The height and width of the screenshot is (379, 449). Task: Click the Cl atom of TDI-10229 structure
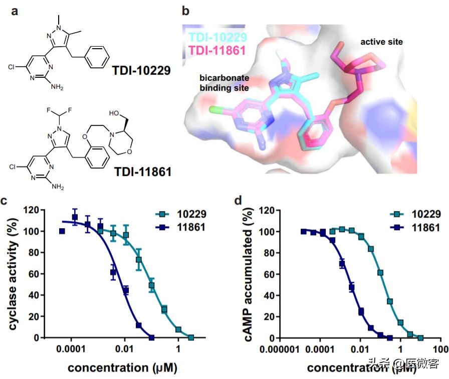coord(13,66)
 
